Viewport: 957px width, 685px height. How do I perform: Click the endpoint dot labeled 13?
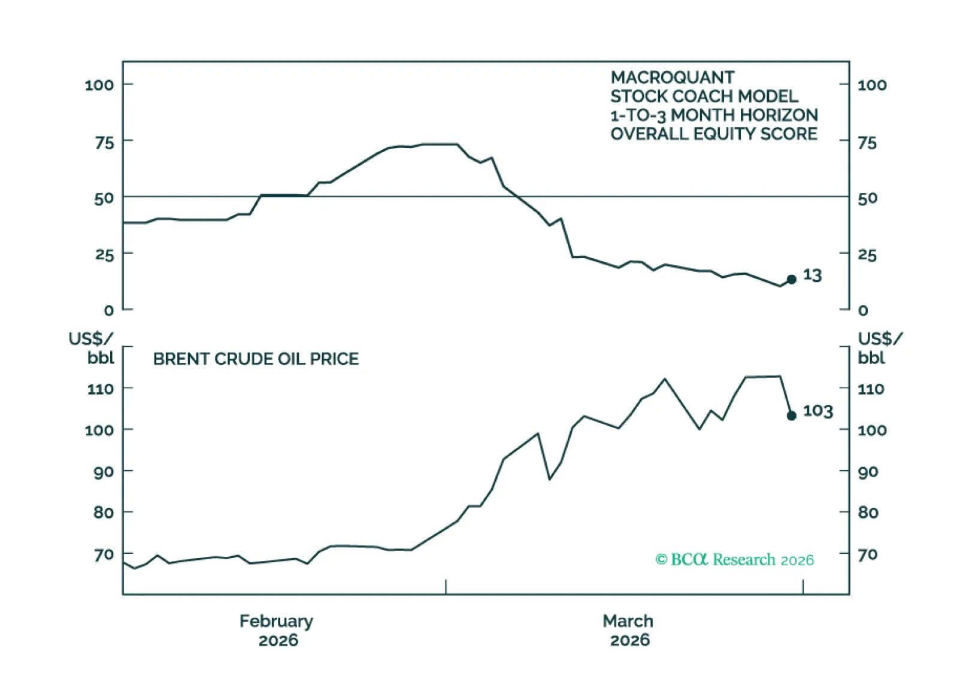pos(791,280)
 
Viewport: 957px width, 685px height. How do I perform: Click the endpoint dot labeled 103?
pos(791,416)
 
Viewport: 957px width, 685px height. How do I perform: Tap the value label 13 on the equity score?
pos(812,275)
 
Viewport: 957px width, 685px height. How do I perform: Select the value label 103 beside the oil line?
pos(817,411)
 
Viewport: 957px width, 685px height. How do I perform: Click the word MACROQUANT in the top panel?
pos(672,78)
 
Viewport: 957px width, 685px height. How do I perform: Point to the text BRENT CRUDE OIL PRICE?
pos(256,359)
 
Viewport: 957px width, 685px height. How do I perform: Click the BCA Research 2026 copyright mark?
pos(734,560)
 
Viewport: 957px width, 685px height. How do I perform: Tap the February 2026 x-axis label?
pos(277,631)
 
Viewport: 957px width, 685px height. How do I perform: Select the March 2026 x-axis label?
pos(628,631)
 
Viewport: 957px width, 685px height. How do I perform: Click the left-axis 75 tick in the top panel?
pos(104,143)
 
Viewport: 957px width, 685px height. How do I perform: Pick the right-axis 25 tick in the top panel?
pos(867,256)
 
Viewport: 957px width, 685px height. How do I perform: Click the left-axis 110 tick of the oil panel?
pos(100,389)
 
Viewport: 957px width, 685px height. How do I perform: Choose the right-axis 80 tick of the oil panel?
pos(868,513)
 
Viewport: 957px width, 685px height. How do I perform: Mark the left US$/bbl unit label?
pos(92,348)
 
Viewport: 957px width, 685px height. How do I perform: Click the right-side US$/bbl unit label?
pos(879,348)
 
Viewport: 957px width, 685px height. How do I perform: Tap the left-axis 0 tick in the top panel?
pos(108,311)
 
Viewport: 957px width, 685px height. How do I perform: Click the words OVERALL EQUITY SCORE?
pos(713,134)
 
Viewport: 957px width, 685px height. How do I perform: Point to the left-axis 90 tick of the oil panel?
pos(104,472)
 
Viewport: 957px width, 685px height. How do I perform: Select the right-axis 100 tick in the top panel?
pos(871,86)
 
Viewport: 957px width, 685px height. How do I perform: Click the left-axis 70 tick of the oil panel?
pos(104,555)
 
